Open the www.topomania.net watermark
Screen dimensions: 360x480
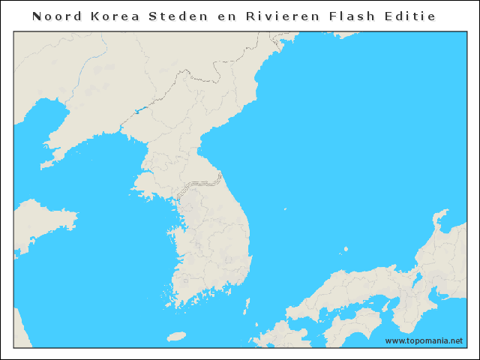(x=424, y=340)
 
